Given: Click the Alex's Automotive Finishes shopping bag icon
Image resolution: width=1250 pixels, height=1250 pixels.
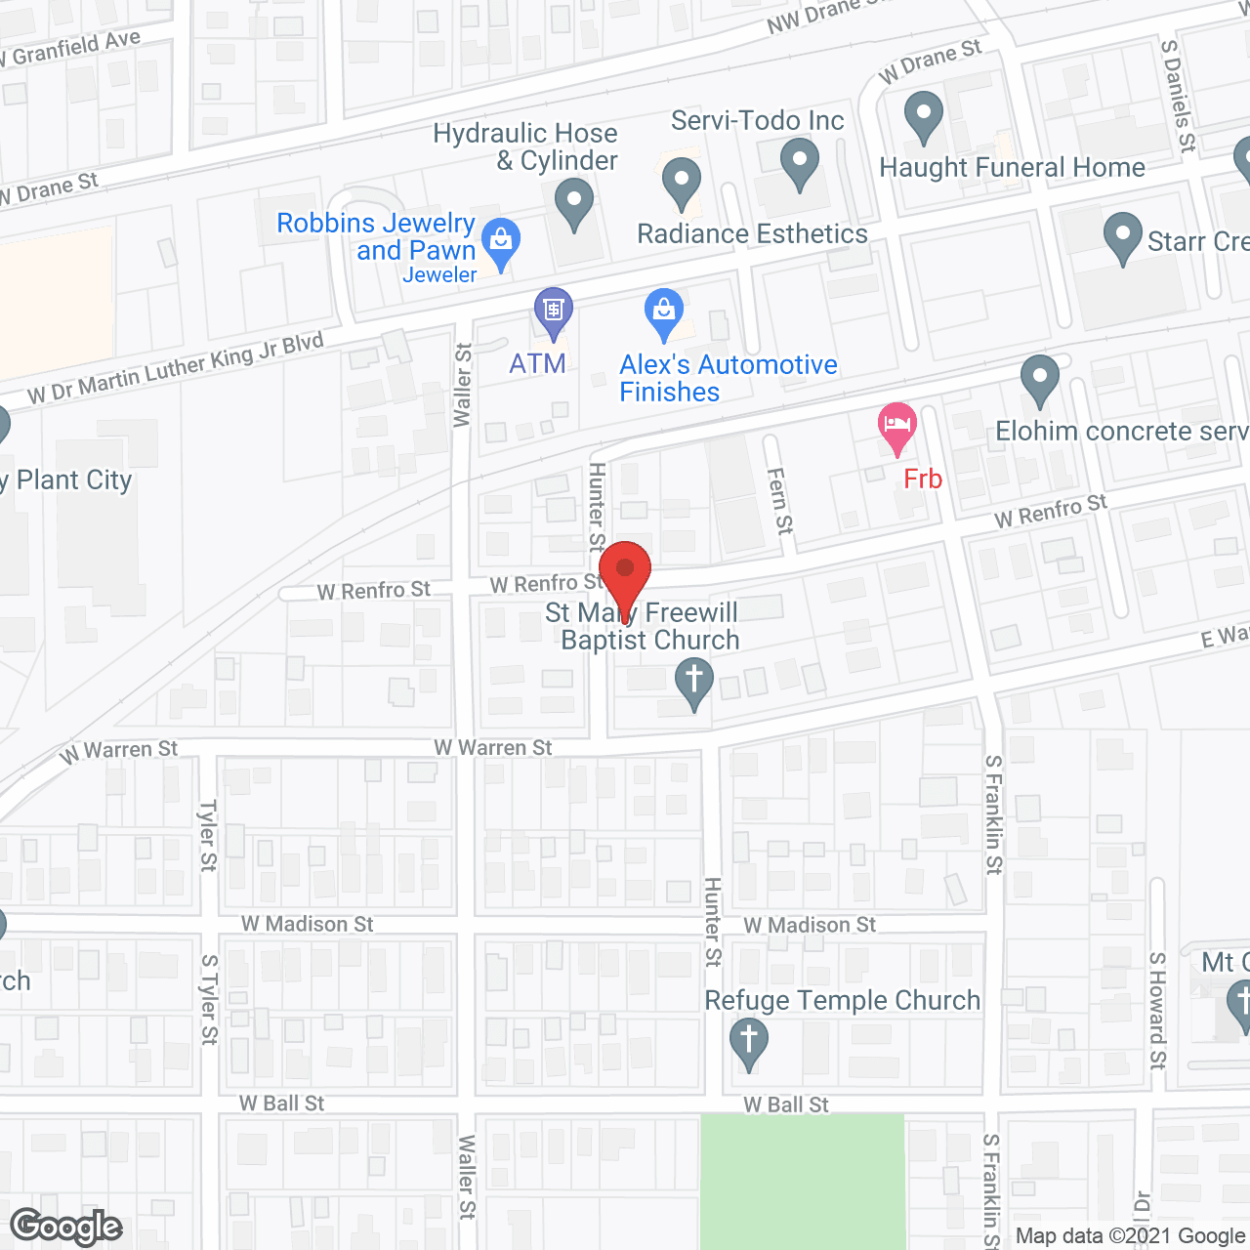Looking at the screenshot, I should pos(664,312).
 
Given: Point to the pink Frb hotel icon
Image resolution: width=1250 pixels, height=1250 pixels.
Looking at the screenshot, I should pos(897,428).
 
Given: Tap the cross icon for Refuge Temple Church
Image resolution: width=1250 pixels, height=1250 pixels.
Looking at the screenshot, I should pos(749,1042).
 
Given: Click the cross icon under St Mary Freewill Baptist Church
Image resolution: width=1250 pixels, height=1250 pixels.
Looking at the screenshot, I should pos(694,682).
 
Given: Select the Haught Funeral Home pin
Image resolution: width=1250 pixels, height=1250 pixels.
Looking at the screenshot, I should pos(923,116).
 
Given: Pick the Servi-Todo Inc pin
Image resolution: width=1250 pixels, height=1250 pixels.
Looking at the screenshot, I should pos(799,163).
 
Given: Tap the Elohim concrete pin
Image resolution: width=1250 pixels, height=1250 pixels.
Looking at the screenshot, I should pos(1040,379).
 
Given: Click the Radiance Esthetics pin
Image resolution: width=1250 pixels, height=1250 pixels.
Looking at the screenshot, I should pos(682,184).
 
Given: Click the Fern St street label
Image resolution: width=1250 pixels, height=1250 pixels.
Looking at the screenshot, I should pos(779,500).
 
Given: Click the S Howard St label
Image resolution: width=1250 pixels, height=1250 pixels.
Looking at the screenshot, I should pos(1157,1011).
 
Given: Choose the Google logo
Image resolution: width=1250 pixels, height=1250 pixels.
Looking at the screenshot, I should pos(66,1227).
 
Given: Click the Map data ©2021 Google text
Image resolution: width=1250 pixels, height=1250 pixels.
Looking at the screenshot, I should pos(1131,1236).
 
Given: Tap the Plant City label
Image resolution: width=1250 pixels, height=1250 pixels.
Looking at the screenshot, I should pos(73,480).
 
